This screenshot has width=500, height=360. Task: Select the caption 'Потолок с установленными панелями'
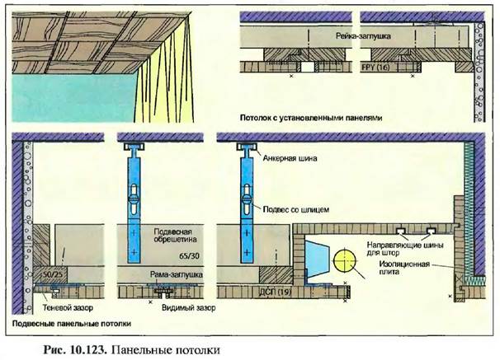(311, 118)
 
